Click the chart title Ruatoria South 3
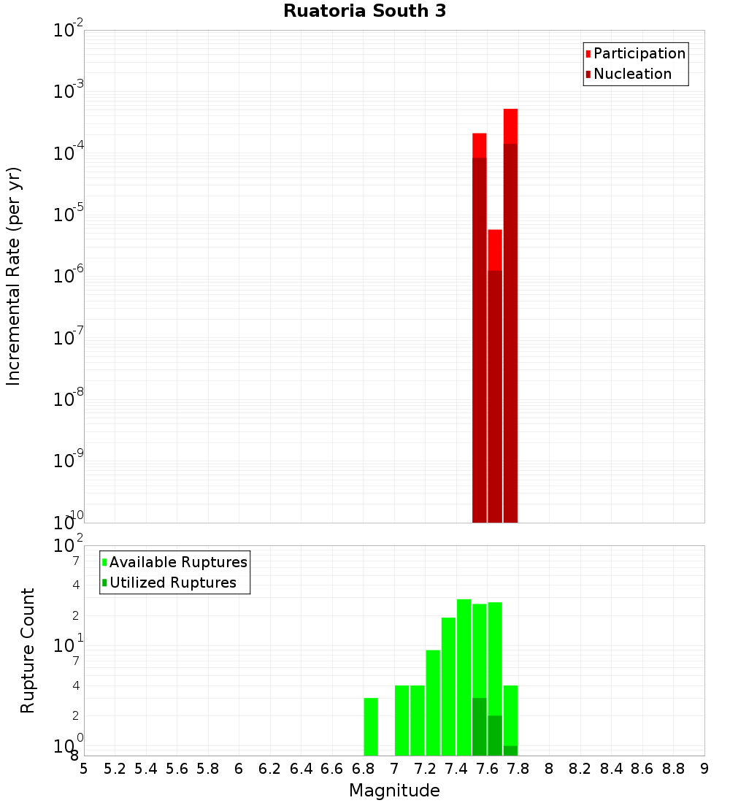point(364,11)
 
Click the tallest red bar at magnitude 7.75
point(510,314)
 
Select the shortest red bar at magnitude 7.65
point(495,376)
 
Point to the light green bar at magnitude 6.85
point(371,726)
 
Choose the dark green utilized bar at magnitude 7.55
point(480,726)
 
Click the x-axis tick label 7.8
point(550,769)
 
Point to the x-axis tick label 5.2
point(115,769)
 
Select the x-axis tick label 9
point(704,769)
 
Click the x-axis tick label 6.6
point(332,769)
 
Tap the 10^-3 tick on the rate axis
point(69,92)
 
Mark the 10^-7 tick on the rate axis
point(69,338)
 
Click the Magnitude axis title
point(394,791)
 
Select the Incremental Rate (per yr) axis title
point(14,276)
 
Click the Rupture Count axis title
point(28,650)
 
